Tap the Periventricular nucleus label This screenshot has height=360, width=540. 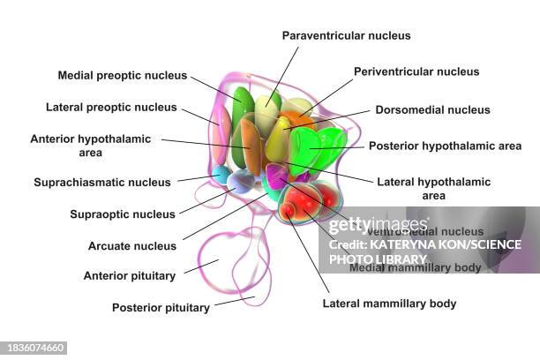point(416,71)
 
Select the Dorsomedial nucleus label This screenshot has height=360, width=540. point(432,110)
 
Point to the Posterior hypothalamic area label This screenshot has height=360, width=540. point(445,146)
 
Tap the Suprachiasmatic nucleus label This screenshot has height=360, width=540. point(102,183)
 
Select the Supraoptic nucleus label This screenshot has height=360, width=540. point(123,214)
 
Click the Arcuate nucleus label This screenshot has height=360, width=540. point(132,245)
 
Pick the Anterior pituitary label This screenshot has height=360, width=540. point(129,275)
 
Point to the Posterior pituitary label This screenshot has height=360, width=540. point(161,308)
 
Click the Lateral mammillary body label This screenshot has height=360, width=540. point(390,304)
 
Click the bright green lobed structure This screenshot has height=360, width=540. point(319,150)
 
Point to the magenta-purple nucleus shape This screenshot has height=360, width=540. point(276,176)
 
